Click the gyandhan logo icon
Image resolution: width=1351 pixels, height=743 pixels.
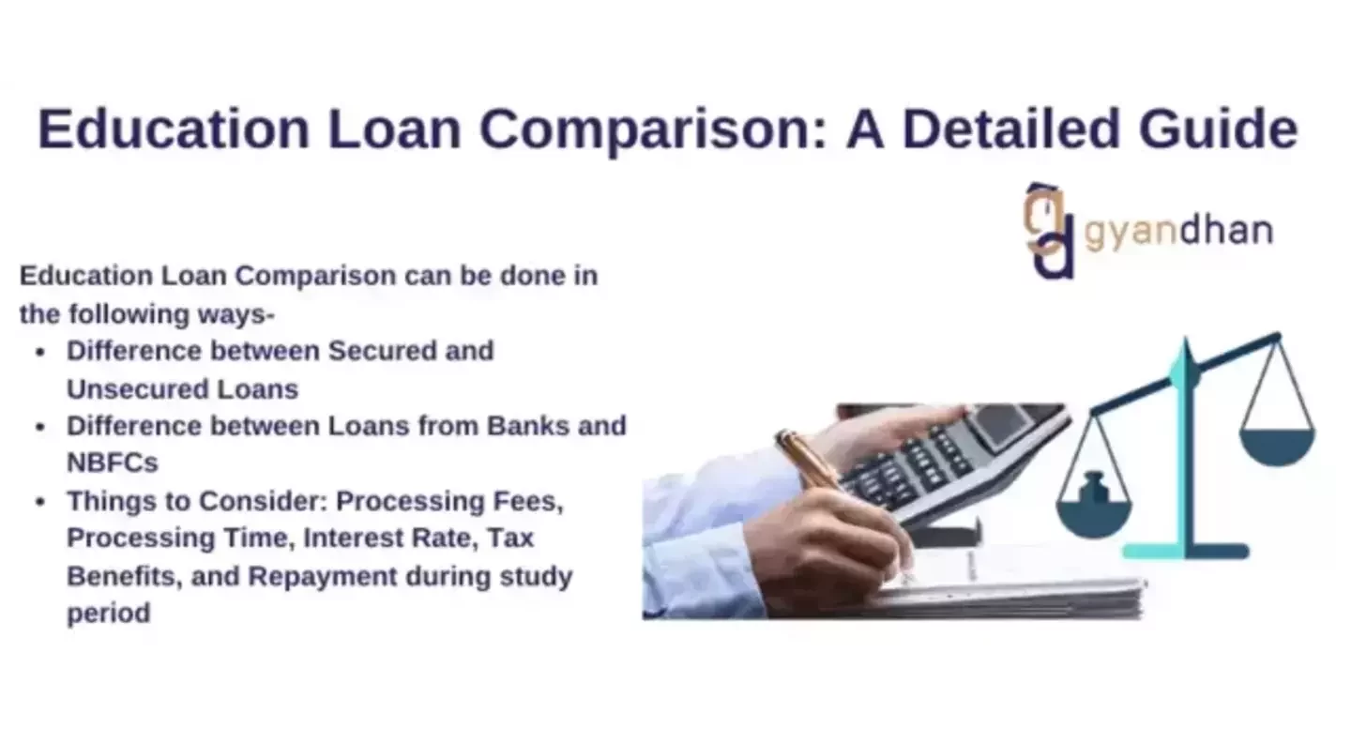[1050, 231]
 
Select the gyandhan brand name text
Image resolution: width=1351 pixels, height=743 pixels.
[1178, 231]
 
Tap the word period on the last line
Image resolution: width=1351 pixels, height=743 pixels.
[108, 614]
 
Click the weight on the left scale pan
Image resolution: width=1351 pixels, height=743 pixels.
[1092, 489]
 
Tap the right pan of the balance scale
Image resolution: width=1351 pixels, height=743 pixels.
[1277, 445]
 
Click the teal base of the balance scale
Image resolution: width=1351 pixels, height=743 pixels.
[1186, 551]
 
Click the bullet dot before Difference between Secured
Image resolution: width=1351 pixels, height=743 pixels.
[40, 353]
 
